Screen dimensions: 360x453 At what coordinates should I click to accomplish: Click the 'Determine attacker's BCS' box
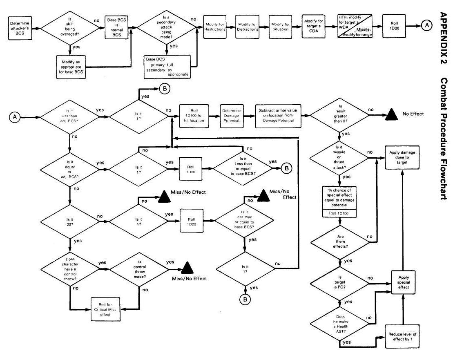click(x=19, y=28)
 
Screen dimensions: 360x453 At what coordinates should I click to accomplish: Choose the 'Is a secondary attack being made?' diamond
click(x=167, y=28)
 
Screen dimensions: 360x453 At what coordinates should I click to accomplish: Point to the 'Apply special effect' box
click(x=403, y=282)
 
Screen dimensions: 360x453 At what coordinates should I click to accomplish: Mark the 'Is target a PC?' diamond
click(x=340, y=282)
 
